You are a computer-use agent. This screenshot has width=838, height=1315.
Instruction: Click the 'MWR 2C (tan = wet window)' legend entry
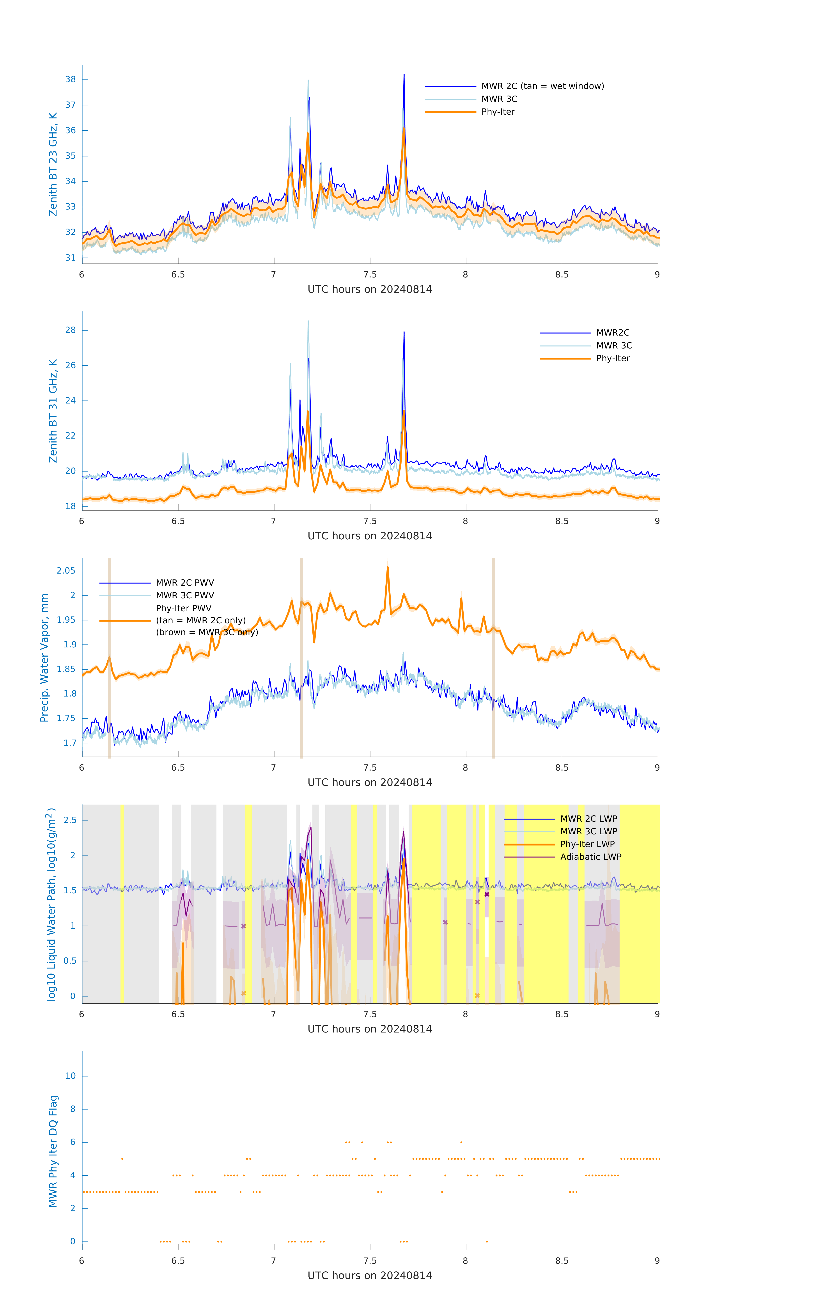tap(542, 86)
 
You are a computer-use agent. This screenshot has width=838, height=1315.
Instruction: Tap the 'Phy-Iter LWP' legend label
tap(587, 844)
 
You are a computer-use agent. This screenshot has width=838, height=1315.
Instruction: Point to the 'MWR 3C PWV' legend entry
tap(184, 595)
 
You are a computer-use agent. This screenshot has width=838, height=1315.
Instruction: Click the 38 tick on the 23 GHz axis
tap(70, 80)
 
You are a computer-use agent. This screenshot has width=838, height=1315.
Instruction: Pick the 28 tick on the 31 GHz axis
tap(70, 330)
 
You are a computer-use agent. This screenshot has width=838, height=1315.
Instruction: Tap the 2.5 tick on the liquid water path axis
tap(70, 820)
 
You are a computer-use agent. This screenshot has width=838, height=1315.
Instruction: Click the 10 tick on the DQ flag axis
tap(70, 1076)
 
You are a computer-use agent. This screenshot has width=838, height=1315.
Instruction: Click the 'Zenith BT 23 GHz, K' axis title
tap(53, 164)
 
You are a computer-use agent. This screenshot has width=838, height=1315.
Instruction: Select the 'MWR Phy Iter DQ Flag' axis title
tap(53, 1151)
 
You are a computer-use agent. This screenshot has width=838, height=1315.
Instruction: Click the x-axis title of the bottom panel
tap(370, 1276)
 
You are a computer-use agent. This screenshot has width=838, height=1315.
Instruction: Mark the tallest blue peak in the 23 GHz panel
tap(404, 75)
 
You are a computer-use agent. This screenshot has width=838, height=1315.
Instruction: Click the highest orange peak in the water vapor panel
tap(388, 567)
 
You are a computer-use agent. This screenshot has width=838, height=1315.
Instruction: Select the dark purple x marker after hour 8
tap(487, 894)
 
